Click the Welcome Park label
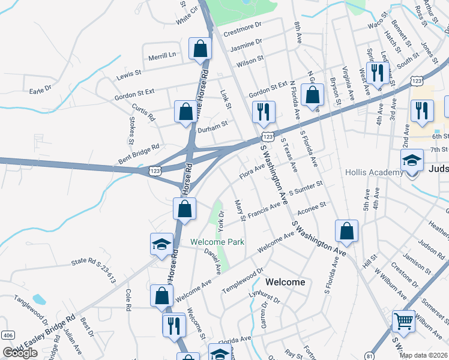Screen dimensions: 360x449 pyautogui.click(x=217, y=242)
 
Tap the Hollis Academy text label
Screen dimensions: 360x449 pyautogui.click(x=374, y=173)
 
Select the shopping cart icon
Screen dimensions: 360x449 pyautogui.click(x=403, y=321)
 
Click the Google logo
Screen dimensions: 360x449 pyautogui.click(x=20, y=353)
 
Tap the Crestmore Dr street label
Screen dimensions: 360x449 pyautogui.click(x=243, y=26)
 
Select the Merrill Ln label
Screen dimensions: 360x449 pyautogui.click(x=163, y=55)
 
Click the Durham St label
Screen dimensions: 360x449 pyautogui.click(x=214, y=125)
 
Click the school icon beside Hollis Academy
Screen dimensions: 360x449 pyautogui.click(x=412, y=161)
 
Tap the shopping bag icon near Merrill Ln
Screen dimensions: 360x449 pyautogui.click(x=200, y=50)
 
